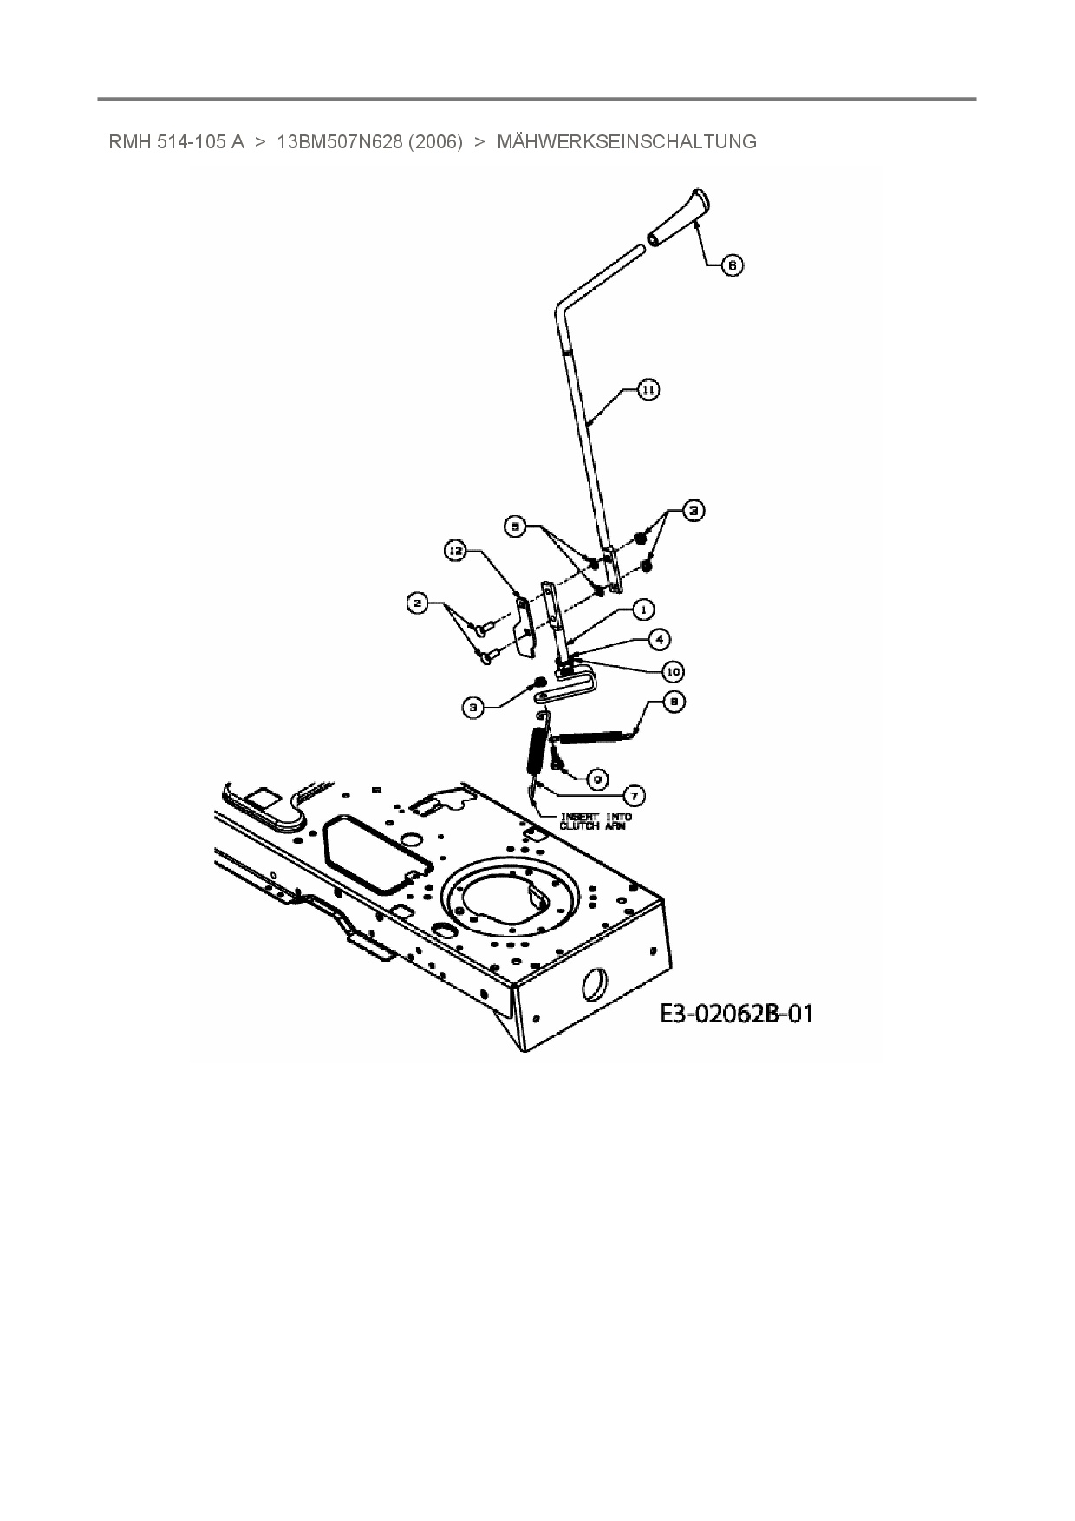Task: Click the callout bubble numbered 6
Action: [732, 264]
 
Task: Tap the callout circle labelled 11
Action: [648, 390]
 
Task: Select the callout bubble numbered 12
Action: [456, 550]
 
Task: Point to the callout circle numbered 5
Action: [518, 525]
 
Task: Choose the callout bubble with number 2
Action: [419, 604]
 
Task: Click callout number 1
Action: [643, 610]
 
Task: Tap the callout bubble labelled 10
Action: [673, 671]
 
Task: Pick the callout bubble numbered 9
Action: [597, 779]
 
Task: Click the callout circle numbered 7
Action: [635, 794]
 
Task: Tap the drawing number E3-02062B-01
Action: [737, 1013]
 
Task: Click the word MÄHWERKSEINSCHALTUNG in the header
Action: [626, 141]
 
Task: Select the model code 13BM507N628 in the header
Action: [339, 141]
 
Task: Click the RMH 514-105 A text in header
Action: [176, 141]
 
